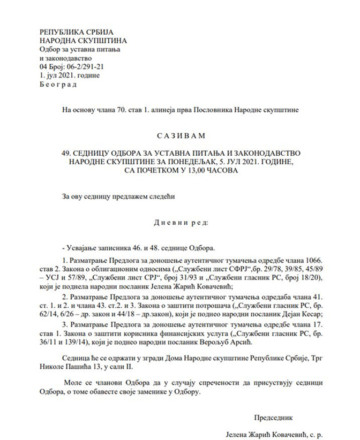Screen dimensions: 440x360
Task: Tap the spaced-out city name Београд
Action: click(x=58, y=84)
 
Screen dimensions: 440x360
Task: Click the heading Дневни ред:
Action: click(x=180, y=222)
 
